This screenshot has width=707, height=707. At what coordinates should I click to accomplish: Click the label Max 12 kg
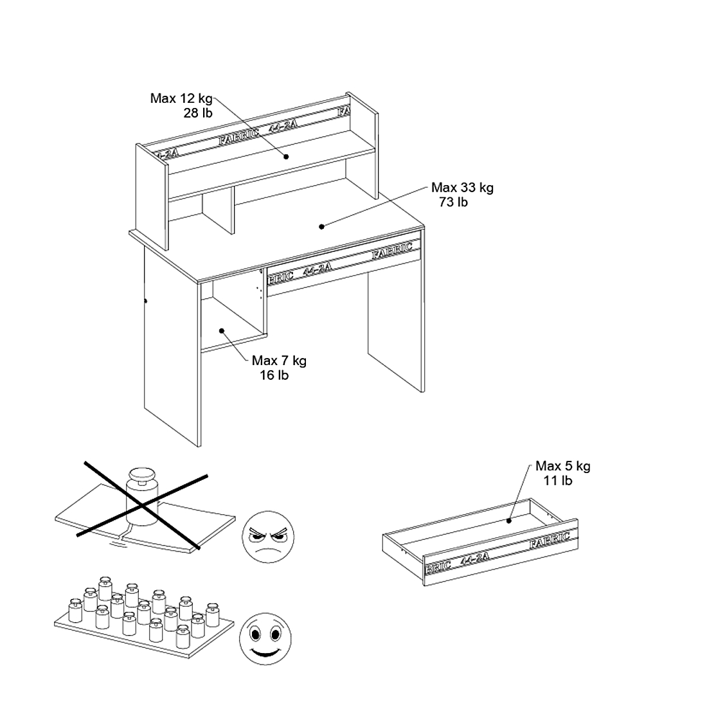[181, 98]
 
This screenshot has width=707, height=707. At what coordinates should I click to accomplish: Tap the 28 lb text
[197, 113]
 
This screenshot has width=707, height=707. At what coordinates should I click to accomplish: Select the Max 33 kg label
[462, 188]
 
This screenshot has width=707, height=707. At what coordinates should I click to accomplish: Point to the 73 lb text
[454, 202]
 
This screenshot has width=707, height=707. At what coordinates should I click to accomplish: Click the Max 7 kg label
[279, 361]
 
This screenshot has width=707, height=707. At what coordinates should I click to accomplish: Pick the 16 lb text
[274, 375]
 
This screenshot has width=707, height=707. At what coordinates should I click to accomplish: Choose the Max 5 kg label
[562, 466]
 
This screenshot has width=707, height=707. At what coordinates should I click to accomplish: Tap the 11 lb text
[558, 480]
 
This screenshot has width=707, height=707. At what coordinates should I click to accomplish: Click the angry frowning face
[268, 535]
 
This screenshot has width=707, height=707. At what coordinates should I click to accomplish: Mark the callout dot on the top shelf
[287, 156]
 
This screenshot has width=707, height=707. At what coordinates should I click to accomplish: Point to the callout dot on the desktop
[321, 226]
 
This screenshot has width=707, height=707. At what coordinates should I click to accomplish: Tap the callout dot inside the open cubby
[222, 331]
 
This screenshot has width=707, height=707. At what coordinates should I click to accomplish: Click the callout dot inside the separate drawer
[508, 521]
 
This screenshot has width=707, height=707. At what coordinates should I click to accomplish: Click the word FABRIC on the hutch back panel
[238, 136]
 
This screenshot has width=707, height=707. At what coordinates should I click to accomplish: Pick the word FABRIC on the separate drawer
[550, 541]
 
